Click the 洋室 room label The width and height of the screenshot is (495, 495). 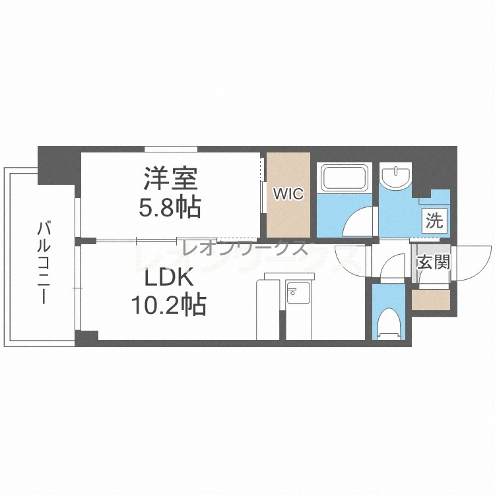point(171,178)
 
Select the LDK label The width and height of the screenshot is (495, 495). point(169,277)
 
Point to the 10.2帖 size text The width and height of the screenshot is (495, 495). point(169,305)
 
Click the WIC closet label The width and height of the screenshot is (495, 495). point(288,193)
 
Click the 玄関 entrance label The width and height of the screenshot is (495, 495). point(433,262)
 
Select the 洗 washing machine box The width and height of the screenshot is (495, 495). point(435,218)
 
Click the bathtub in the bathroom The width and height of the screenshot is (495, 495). point(344,177)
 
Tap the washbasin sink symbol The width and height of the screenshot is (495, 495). point(395,176)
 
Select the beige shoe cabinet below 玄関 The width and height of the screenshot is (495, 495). point(430,300)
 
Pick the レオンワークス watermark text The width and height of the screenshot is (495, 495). point(246,247)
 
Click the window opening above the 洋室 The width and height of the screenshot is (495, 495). point(171,149)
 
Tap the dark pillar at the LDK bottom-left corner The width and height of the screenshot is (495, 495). point(87,337)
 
